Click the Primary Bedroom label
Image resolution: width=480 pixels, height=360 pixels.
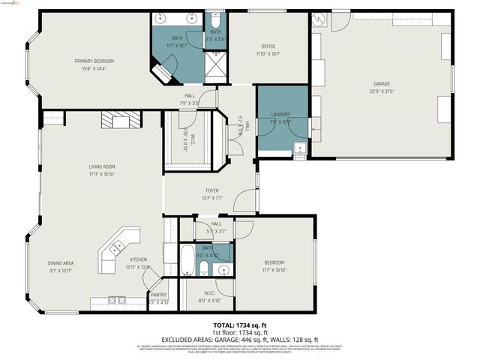[x=94, y=61]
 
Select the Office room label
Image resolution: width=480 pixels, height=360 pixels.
[x=268, y=46]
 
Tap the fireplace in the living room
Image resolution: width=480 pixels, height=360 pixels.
[x=121, y=120]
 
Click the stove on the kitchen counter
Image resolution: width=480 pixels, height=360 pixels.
[x=116, y=301]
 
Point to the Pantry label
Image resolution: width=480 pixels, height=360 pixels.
[x=158, y=295]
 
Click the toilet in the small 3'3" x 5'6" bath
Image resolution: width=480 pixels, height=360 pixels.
[x=215, y=18]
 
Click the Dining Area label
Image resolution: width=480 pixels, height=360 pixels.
[x=61, y=262]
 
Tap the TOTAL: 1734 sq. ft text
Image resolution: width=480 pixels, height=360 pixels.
[x=235, y=325]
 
